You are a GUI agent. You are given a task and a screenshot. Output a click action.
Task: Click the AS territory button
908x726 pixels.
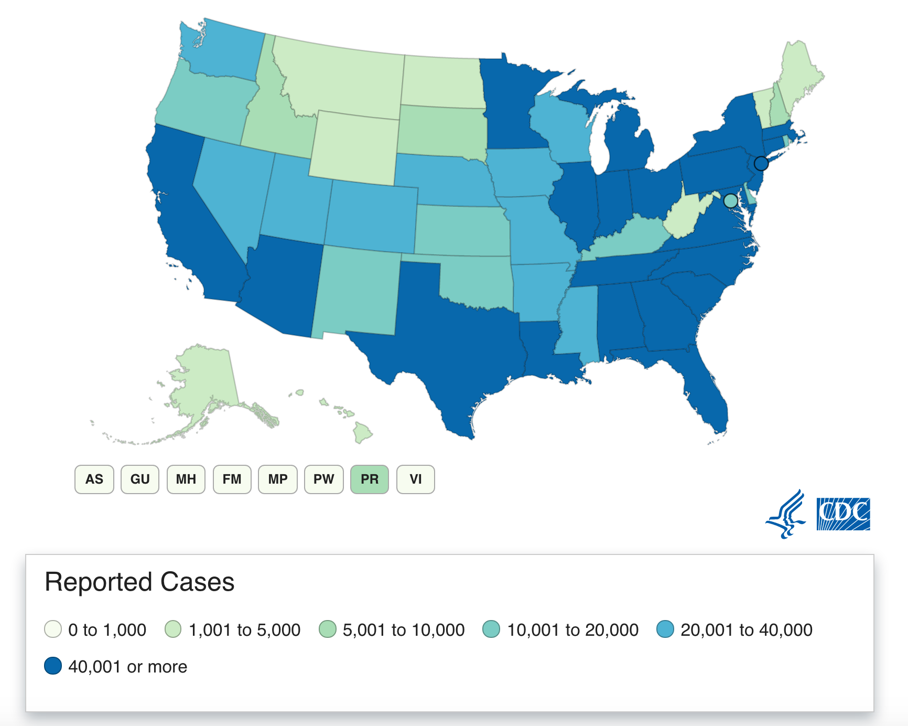94,479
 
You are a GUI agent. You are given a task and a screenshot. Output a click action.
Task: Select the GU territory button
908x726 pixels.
140,479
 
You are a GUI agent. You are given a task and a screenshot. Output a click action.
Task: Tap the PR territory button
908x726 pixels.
370,479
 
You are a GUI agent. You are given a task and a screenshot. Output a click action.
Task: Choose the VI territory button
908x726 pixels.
416,479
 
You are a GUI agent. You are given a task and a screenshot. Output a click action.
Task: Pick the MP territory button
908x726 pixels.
278,479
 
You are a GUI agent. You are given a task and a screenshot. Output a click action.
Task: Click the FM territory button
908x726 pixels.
232,479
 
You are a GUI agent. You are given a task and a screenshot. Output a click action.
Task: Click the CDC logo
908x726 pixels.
843,514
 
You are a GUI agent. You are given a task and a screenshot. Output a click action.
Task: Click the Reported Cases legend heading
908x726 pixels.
139,582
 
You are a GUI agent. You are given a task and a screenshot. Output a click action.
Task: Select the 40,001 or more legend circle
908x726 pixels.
53,666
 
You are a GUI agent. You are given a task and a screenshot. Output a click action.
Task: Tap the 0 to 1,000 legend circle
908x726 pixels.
53,629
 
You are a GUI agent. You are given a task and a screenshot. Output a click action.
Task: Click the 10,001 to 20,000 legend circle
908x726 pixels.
491,629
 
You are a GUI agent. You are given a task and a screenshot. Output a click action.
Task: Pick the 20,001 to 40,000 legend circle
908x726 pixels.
665,629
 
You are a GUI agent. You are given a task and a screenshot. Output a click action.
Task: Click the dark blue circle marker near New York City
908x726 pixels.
761,164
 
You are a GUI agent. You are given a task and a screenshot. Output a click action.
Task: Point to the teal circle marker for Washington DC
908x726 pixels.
730,200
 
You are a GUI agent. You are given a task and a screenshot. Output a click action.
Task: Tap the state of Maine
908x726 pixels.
799,79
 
